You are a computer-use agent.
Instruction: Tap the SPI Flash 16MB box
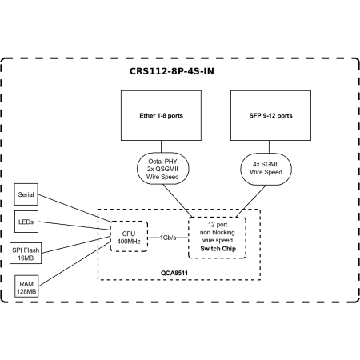[28, 254]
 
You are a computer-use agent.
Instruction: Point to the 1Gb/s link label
[169, 238]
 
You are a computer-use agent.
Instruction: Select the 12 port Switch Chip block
[217, 238]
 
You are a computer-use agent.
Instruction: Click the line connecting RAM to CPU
[76, 265]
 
